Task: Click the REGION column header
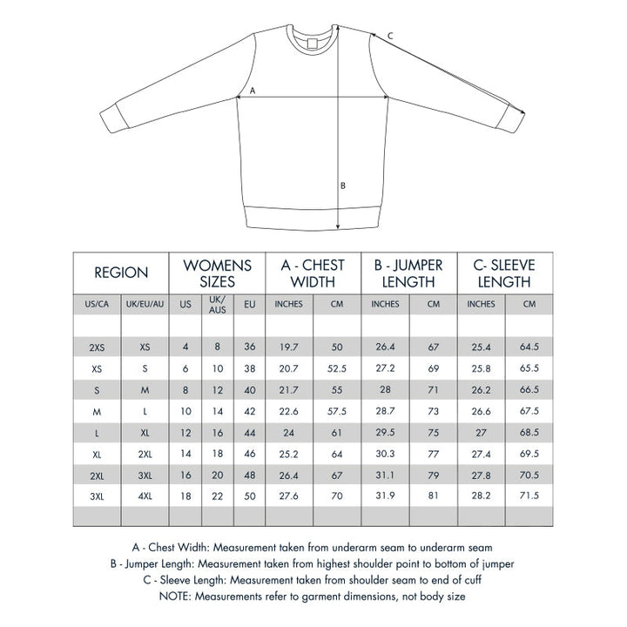point(121,273)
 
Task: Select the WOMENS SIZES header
point(218,273)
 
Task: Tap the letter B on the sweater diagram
point(343,185)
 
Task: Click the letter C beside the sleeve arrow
point(390,36)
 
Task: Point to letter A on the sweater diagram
point(253,91)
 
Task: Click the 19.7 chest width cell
point(288,347)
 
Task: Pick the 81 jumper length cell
point(433,496)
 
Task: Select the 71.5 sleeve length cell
point(529,496)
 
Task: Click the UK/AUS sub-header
point(218,305)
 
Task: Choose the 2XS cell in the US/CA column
point(97,347)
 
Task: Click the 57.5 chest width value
point(337,410)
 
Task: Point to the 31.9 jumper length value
point(385,496)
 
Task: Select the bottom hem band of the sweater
point(313,216)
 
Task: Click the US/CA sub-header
point(97,305)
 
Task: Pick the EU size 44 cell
point(250,432)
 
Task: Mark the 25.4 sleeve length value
point(481,347)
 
